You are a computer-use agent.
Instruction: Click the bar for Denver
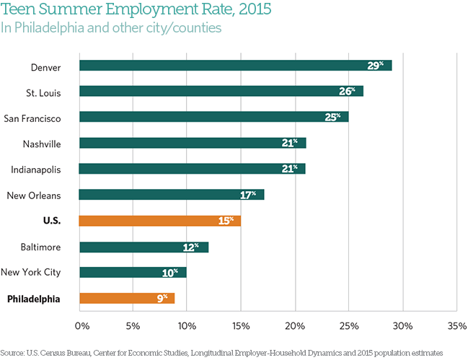[x=235, y=66]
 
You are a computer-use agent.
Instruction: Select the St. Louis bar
[x=221, y=91]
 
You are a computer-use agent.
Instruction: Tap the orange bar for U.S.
[x=160, y=221]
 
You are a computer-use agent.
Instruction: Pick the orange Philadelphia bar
[x=127, y=298]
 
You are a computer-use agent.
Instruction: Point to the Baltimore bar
[x=144, y=247]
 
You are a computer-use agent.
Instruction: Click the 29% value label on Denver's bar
[x=375, y=66]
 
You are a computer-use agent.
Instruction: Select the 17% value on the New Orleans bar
[x=247, y=195]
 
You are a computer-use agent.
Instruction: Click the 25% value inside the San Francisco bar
[x=332, y=117]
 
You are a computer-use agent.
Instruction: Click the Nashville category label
[x=41, y=144]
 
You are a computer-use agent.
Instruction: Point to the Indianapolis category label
[x=35, y=170]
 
